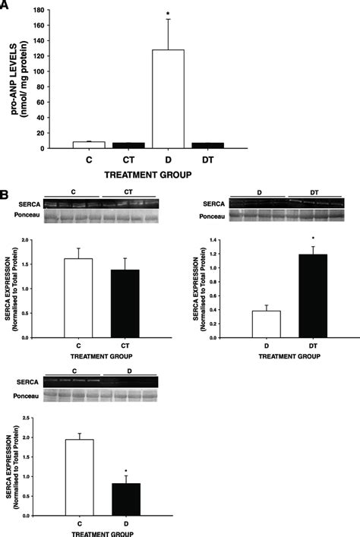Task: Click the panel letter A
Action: point(6,5)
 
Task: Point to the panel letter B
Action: point(6,195)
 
